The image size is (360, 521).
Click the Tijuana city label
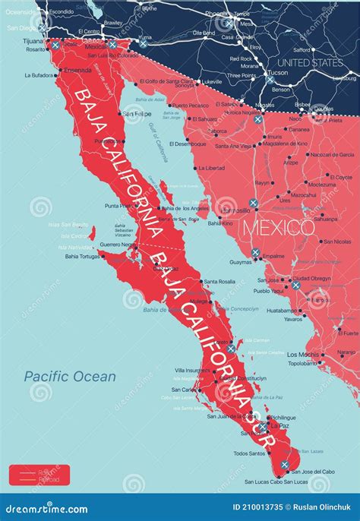point(31,42)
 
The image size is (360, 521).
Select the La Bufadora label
point(39,75)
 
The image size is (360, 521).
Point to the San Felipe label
point(138,114)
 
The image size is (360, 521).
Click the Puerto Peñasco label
point(190,106)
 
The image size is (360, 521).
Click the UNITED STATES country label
point(311,62)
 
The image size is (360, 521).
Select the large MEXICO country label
point(277,227)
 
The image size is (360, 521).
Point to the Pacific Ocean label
point(70,376)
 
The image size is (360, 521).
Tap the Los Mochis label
point(303,355)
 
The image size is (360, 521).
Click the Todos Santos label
point(250,453)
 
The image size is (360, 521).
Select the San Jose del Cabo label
point(313,472)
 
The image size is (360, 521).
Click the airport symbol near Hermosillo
point(254,204)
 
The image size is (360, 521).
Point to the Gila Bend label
point(203,33)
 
